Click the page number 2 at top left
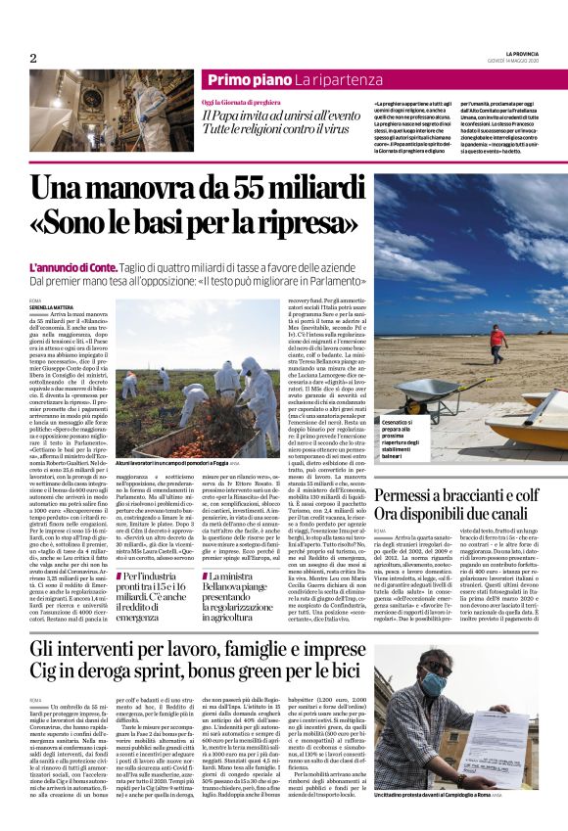[32, 59]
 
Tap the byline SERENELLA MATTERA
[52, 307]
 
